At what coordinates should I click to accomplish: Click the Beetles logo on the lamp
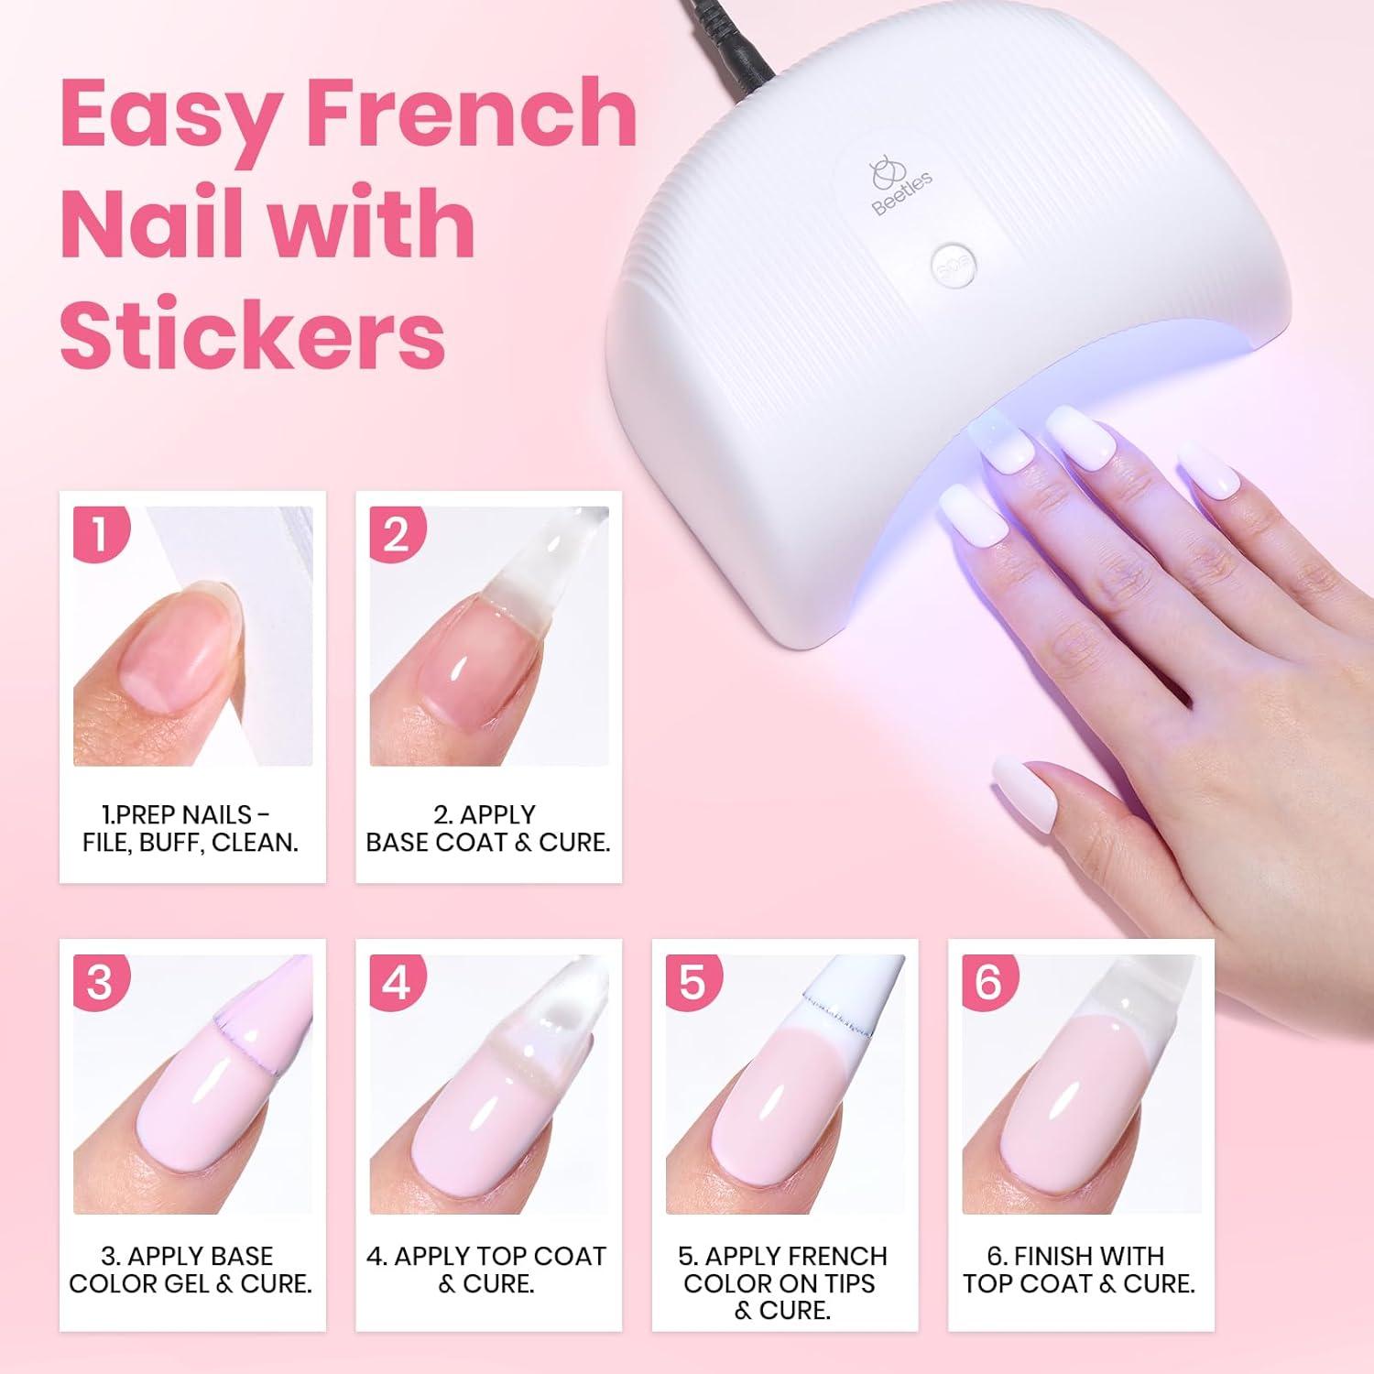[x=899, y=187]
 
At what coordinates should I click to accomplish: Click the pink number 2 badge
[x=398, y=534]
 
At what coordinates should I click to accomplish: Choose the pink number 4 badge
[x=398, y=983]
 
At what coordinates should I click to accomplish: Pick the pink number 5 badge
[x=693, y=983]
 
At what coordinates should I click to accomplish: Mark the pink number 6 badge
[x=989, y=983]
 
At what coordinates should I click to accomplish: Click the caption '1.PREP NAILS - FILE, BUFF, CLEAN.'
[x=191, y=828]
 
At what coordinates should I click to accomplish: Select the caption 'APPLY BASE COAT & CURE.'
[x=488, y=828]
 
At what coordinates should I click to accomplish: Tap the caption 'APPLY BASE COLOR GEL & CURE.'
[x=191, y=1270]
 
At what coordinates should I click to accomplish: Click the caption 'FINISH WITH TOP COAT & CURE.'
[x=1079, y=1270]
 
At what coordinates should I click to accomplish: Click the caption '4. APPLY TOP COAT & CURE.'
[x=486, y=1270]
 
